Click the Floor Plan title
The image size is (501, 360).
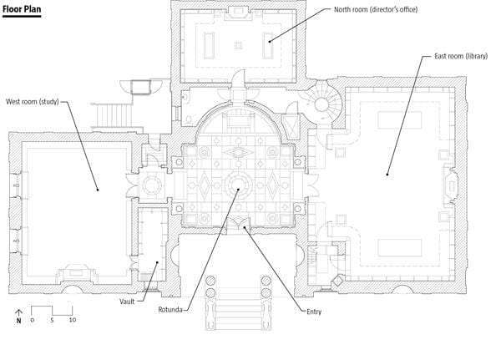coord(22,9)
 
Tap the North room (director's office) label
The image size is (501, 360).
coord(376,9)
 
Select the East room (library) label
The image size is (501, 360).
coord(461,56)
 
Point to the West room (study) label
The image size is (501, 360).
coord(33,102)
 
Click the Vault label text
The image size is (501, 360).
coord(127,302)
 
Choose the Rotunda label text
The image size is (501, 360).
coord(170,310)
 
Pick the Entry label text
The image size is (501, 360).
coord(314,312)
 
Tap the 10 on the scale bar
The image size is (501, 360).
coord(73,320)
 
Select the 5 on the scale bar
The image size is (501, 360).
coord(52,320)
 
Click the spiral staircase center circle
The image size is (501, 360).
coord(321,104)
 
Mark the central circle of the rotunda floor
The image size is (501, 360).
coord(238,185)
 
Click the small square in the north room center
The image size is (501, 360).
coord(238,45)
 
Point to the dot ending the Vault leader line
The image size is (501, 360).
coord(157,262)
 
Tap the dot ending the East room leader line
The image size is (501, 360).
coord(387,175)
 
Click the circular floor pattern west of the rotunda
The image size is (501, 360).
coord(152,185)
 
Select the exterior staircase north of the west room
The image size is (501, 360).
coord(114,115)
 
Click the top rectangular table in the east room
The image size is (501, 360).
coord(400,120)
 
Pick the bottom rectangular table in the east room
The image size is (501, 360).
coord(400,248)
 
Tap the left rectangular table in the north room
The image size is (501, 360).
coord(210,45)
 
